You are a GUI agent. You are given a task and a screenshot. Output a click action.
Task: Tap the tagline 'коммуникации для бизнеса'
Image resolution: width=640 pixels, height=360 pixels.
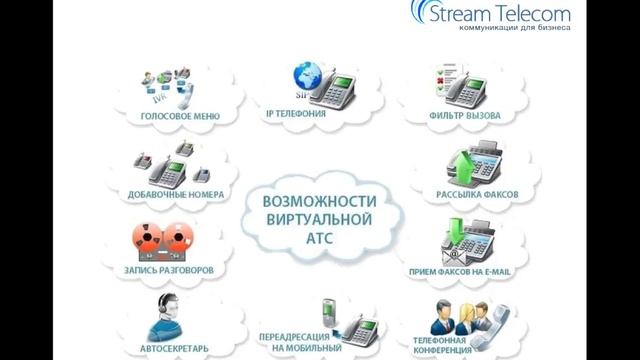pyautogui.click(x=514, y=29)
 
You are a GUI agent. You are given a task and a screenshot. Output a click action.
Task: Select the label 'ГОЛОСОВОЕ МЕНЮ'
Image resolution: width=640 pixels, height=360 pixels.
pyautogui.click(x=180, y=116)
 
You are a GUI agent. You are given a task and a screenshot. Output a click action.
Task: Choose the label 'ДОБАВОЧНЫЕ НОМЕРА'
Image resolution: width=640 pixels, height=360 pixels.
pyautogui.click(x=176, y=194)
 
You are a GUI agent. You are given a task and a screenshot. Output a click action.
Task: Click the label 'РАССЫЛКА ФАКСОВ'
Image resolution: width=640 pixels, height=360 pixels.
pyautogui.click(x=474, y=195)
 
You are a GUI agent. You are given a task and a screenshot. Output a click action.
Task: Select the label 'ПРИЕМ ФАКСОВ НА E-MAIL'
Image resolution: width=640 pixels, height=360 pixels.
pyautogui.click(x=474, y=270)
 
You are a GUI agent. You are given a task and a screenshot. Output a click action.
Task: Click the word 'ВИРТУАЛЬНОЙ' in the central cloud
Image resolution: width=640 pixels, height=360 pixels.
pyautogui.click(x=316, y=219)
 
